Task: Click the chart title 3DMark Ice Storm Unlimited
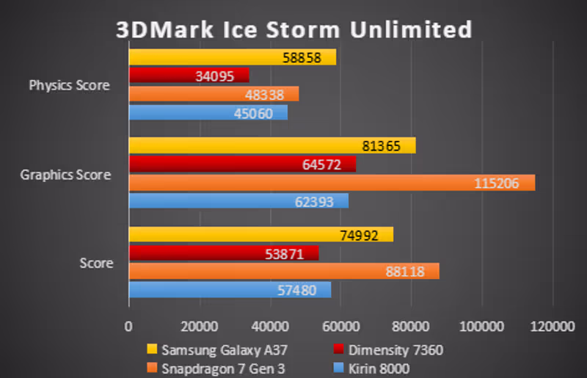click(x=293, y=29)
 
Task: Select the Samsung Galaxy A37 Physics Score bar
click(x=233, y=57)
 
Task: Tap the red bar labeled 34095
click(x=189, y=76)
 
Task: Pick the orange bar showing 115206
click(x=332, y=183)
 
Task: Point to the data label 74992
click(x=360, y=235)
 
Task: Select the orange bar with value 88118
click(x=284, y=272)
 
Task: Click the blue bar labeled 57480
click(x=230, y=290)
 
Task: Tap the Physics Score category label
click(x=69, y=85)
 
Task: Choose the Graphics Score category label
click(x=65, y=175)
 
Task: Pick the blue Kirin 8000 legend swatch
click(x=338, y=368)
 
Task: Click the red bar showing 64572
click(x=242, y=165)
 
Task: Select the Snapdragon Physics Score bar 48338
click(x=214, y=94)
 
